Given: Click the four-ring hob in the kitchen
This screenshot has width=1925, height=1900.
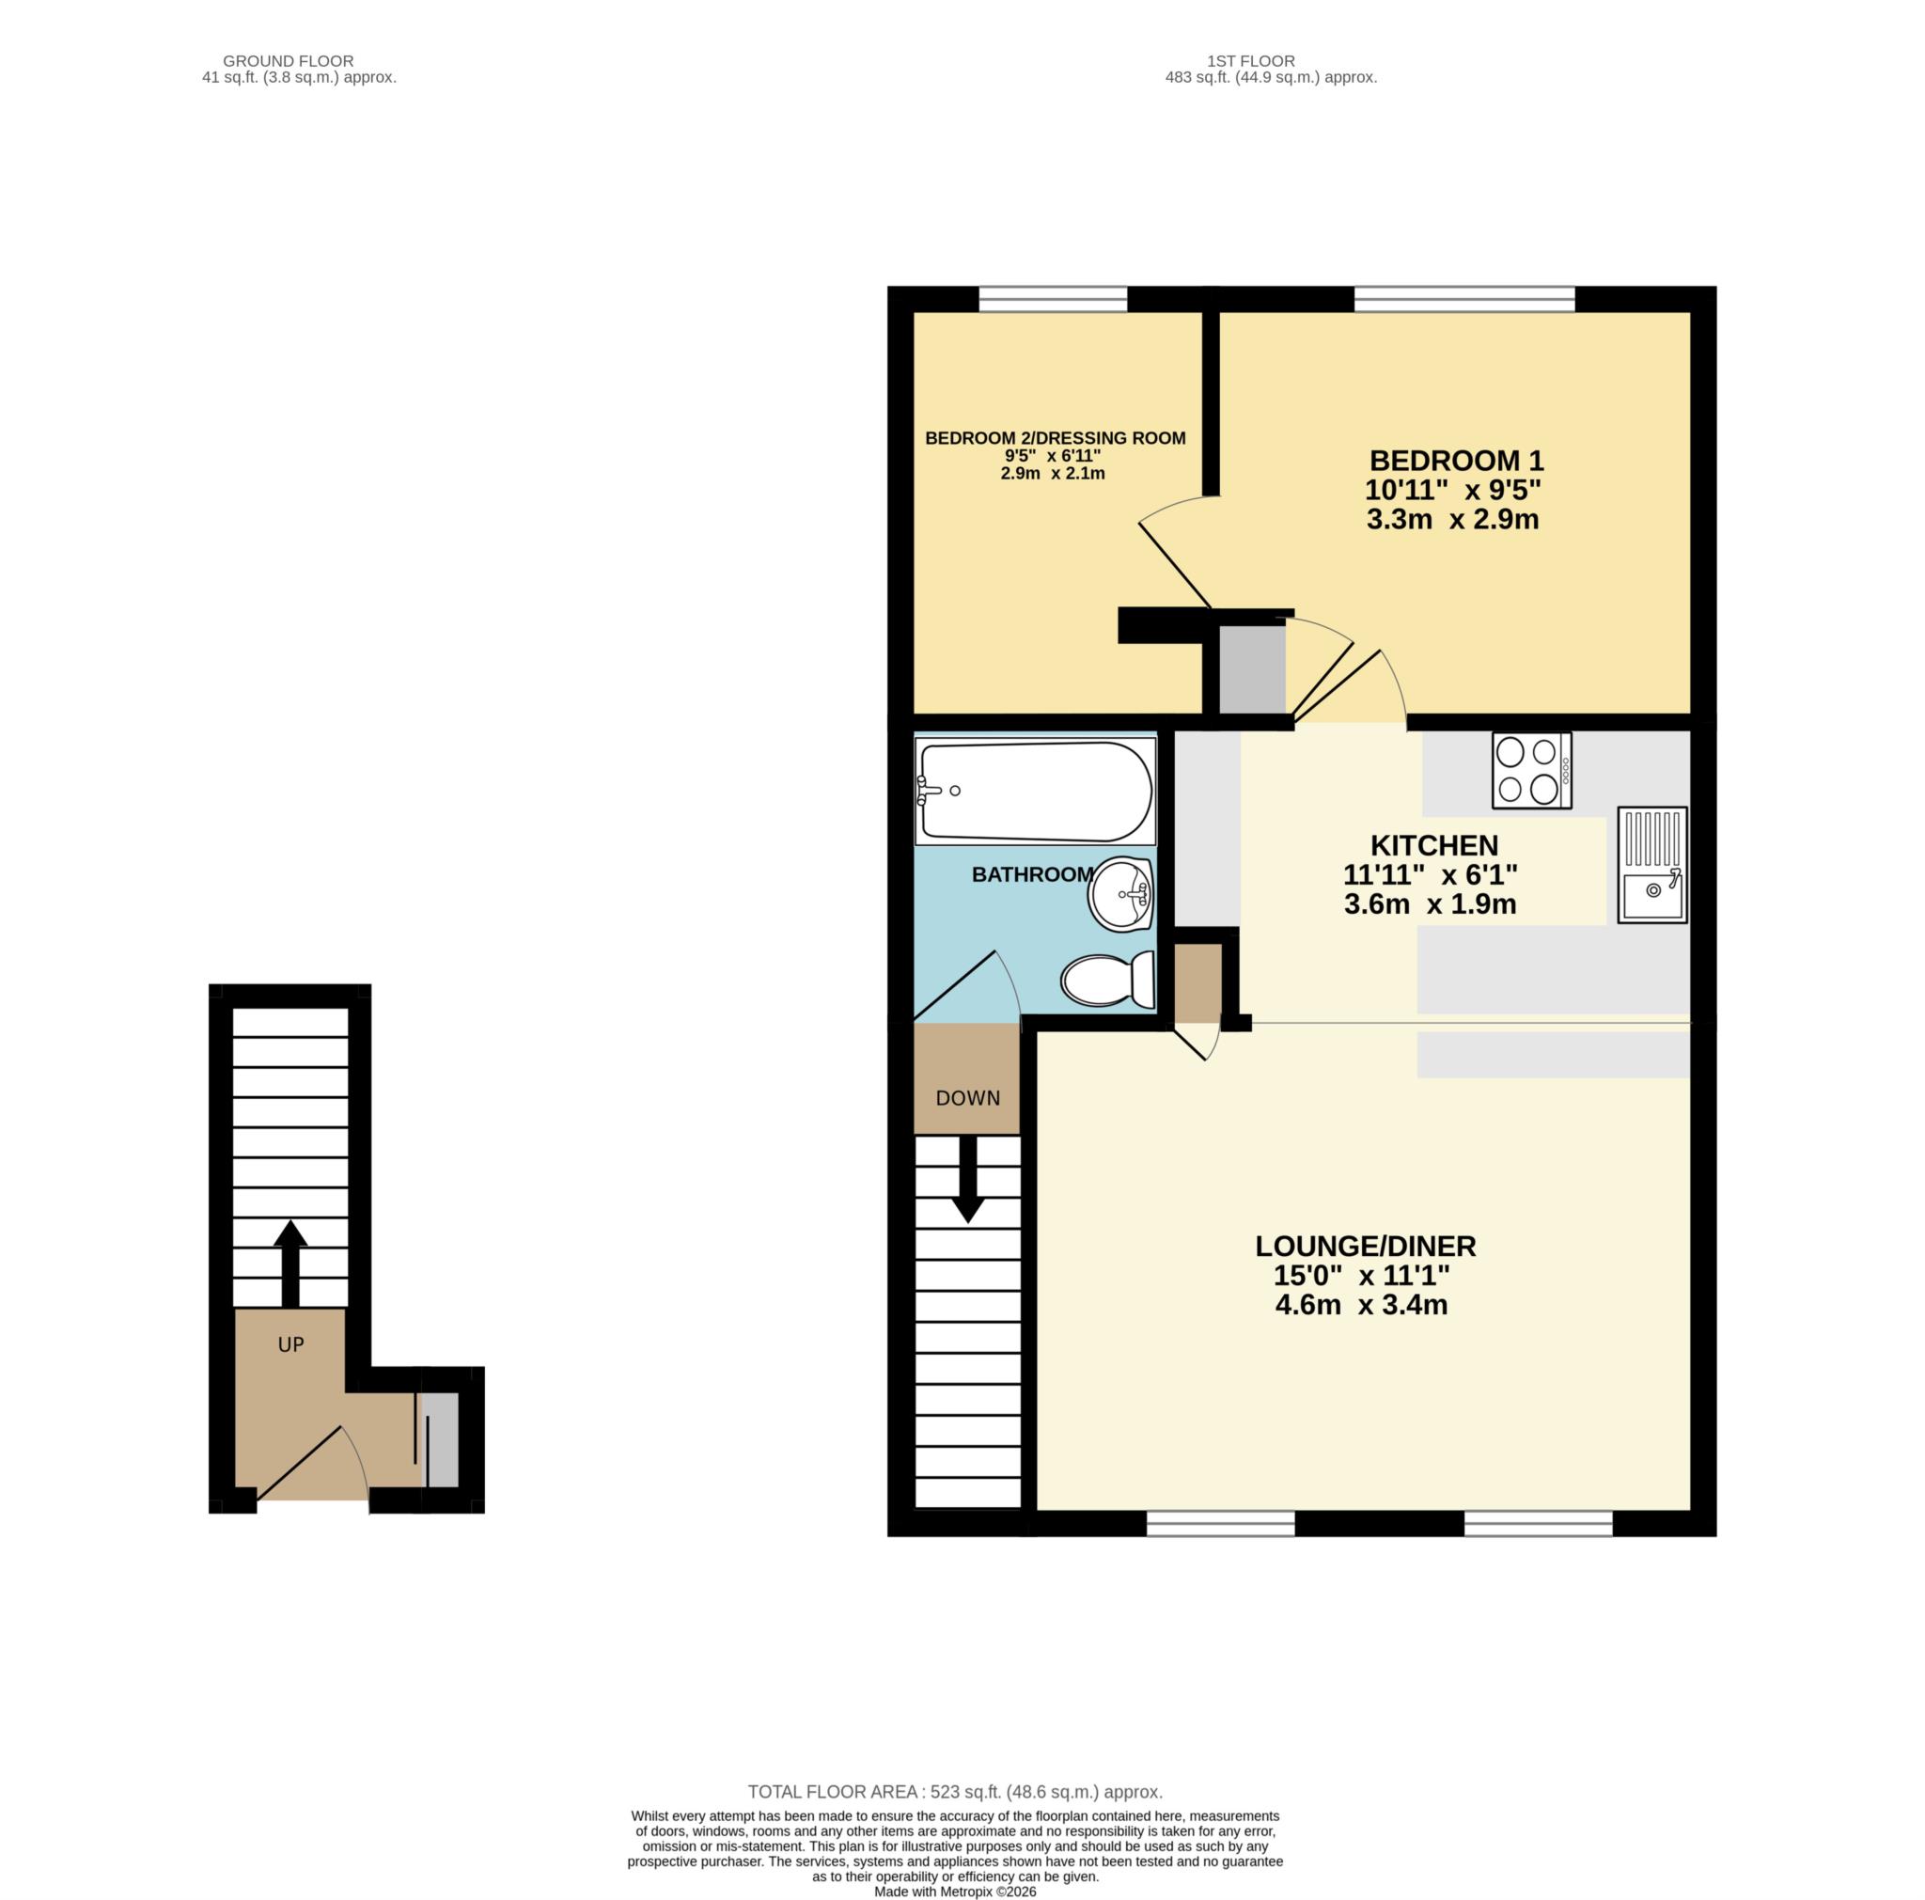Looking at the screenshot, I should [x=1530, y=770].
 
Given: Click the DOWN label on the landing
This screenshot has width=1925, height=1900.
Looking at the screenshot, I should [x=967, y=1098].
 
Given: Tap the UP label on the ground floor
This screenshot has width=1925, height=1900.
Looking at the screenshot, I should [x=291, y=1345].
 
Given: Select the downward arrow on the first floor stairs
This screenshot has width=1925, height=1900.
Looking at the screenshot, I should [x=967, y=1180].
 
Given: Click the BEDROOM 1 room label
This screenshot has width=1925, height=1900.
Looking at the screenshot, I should [x=1456, y=461].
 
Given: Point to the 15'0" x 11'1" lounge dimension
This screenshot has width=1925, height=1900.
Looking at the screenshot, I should [x=1361, y=1276].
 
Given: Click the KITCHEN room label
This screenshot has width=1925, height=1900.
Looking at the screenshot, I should [x=1433, y=845].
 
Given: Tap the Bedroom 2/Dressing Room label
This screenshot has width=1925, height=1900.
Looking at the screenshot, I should [x=1056, y=438].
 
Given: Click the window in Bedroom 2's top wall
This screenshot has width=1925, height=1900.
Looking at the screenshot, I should [x=1053, y=299].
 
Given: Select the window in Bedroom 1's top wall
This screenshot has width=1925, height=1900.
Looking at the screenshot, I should [x=1463, y=299].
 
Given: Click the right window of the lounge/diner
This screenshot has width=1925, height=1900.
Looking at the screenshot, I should [x=1538, y=1522].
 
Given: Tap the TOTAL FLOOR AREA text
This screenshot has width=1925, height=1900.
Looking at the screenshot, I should [x=955, y=1791].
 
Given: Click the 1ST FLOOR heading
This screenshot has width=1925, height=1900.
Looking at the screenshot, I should [x=1250, y=61].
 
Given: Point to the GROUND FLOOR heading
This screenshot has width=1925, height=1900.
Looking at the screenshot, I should [x=288, y=61].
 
